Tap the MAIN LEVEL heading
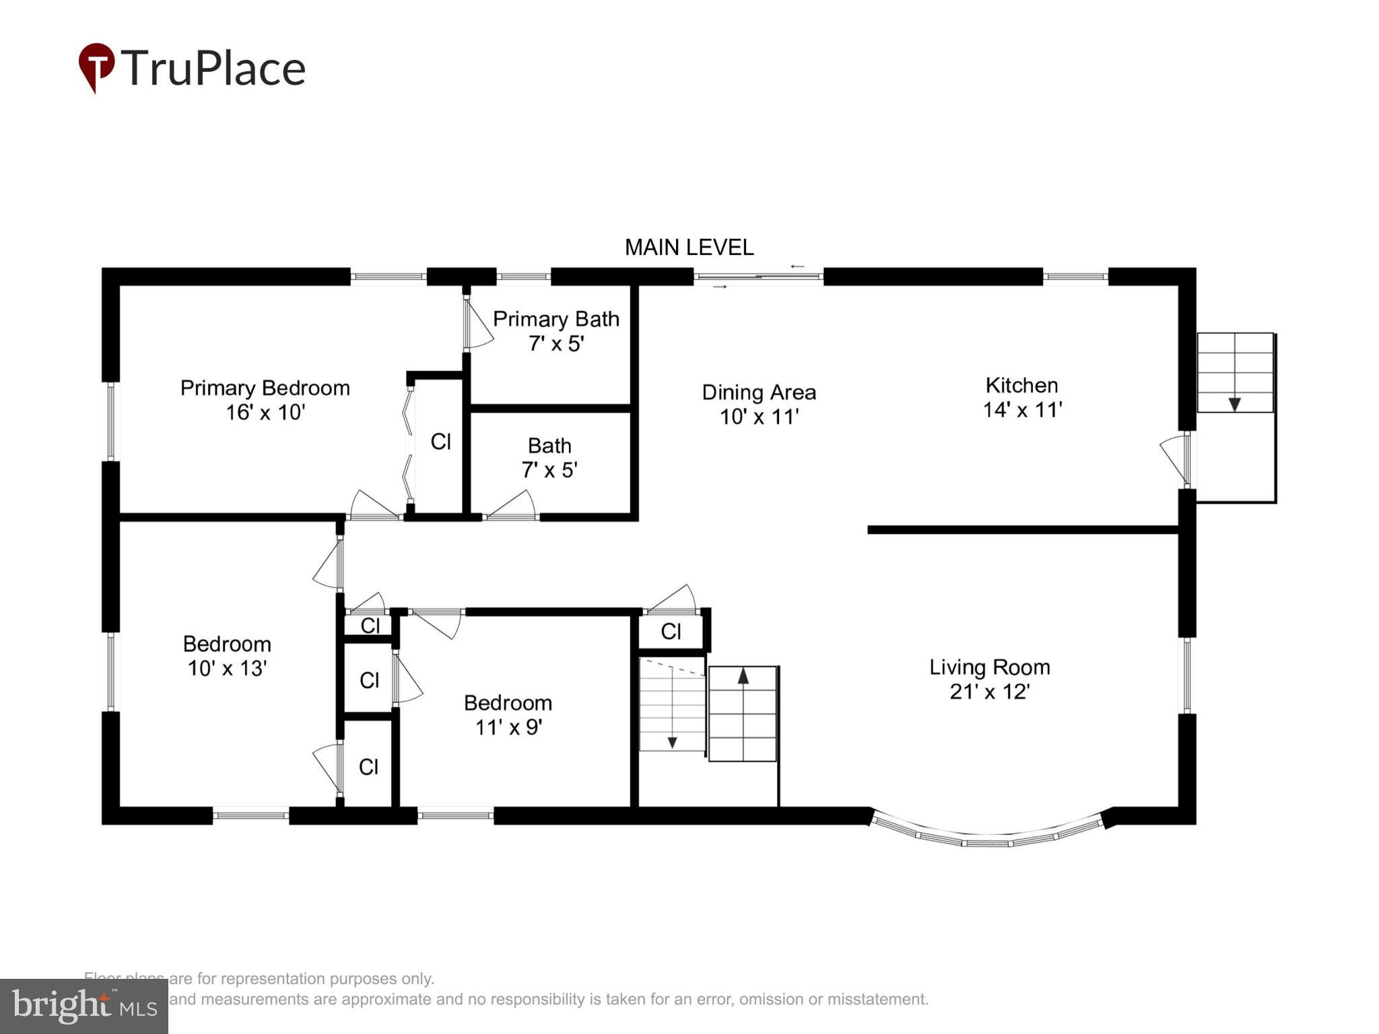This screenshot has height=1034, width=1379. [x=689, y=248]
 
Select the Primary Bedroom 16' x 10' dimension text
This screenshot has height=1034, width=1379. [x=265, y=412]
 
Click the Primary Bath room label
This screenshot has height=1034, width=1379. [x=556, y=319]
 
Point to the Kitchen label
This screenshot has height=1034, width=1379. [x=1021, y=386]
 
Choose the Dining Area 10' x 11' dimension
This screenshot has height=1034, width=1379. [x=759, y=417]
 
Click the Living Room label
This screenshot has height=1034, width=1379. [x=989, y=667]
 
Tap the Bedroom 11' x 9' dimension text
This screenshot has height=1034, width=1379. [x=508, y=727]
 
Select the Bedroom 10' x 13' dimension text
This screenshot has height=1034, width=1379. [x=227, y=668]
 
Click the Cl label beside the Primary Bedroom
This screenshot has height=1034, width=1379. [x=440, y=442]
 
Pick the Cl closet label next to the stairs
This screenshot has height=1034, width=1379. [x=671, y=631]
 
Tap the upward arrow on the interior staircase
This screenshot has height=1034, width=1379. [x=743, y=675]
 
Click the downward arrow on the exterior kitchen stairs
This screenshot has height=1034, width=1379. [x=1234, y=403]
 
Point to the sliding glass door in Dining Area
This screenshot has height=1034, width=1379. [x=758, y=277]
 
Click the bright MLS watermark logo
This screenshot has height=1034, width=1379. [x=83, y=1006]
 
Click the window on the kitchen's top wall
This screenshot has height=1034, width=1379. [x=1075, y=277]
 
